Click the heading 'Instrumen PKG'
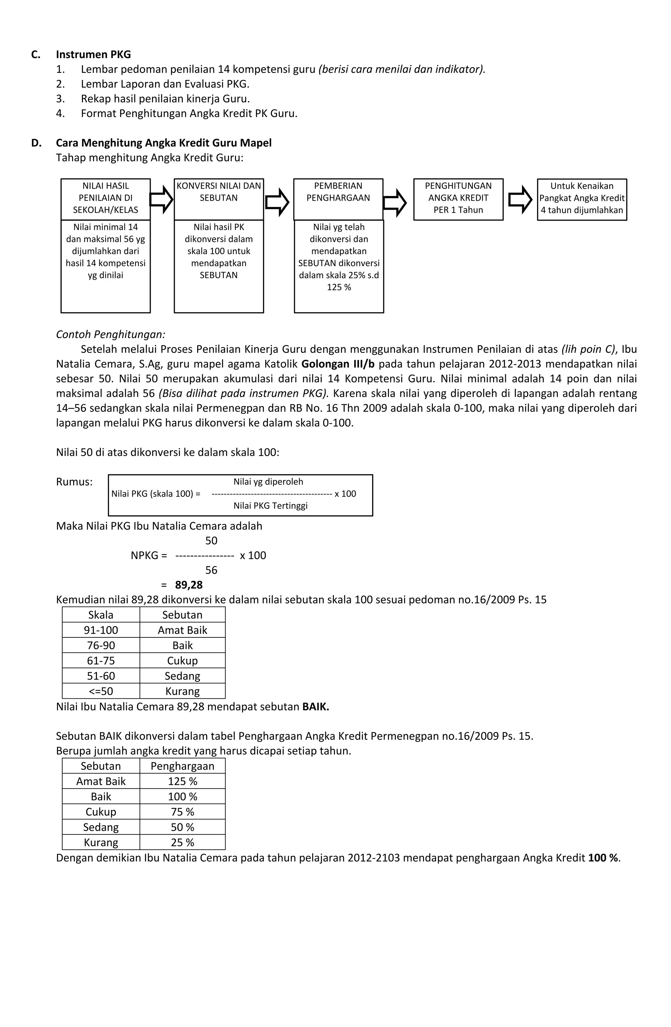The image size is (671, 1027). coord(93,54)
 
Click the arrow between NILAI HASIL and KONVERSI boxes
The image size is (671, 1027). coord(162,199)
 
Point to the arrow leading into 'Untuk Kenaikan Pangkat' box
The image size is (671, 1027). coord(520,199)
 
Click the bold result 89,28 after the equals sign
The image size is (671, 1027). coord(188,585)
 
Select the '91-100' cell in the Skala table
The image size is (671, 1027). coord(101,630)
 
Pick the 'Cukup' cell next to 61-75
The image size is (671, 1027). coord(182,661)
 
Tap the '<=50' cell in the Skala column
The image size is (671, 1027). coord(101,691)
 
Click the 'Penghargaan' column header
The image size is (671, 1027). coord(182,766)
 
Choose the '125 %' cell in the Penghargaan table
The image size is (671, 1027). coord(182,781)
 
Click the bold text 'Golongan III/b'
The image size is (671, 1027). coord(338,364)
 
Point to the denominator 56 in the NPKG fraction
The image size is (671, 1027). coord(211,570)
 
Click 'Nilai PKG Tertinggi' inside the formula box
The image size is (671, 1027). coord(270,506)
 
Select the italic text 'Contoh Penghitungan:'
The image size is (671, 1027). coord(111,334)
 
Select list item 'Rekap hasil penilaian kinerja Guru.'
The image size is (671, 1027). coord(165,99)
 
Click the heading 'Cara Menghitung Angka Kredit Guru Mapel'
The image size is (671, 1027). coord(163,143)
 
